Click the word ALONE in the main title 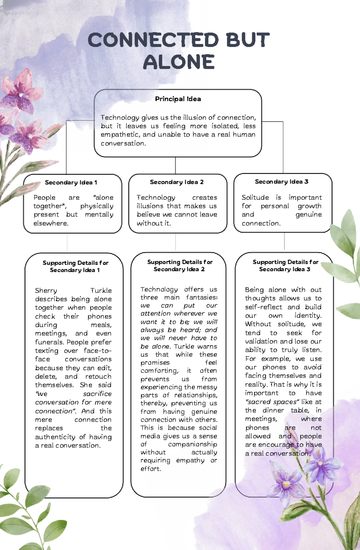tap(179, 62)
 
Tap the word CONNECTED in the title tap(153, 40)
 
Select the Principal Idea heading tap(178, 99)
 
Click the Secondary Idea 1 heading tap(71, 183)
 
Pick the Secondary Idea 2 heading tap(177, 182)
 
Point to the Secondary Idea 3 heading tap(281, 182)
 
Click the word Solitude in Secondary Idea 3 tap(255, 198)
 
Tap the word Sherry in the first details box tap(46, 290)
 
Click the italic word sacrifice tap(97, 394)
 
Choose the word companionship tap(192, 444)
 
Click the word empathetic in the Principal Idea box tap(120, 135)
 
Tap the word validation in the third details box tap(261, 341)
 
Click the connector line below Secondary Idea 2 tap(175, 242)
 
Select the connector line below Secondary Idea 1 tap(67, 243)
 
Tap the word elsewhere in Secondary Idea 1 tap(51, 223)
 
